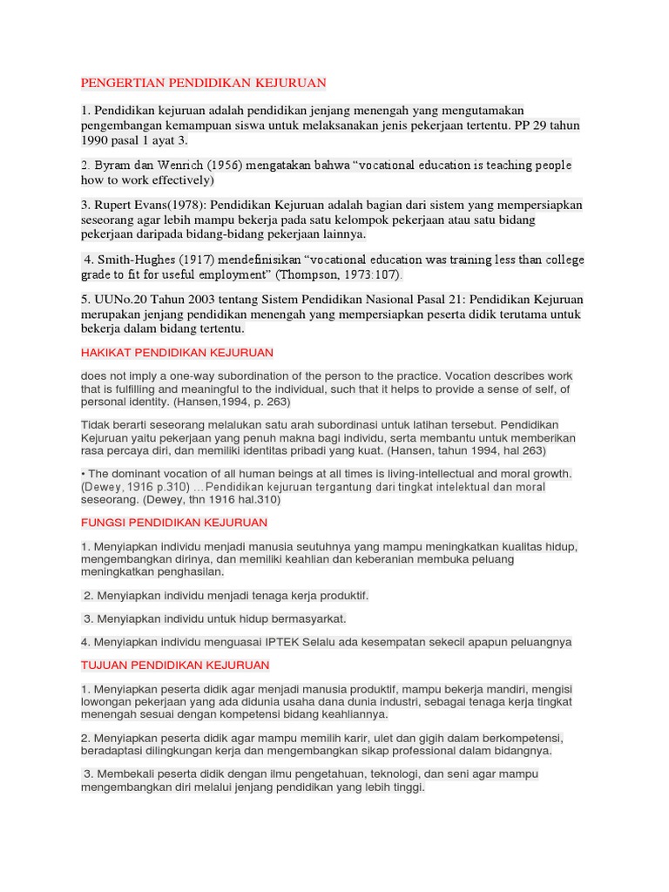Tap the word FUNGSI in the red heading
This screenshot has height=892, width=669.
tap(100, 523)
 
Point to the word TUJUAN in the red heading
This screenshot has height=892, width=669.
tap(103, 665)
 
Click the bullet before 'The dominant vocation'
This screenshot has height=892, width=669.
tap(83, 474)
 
